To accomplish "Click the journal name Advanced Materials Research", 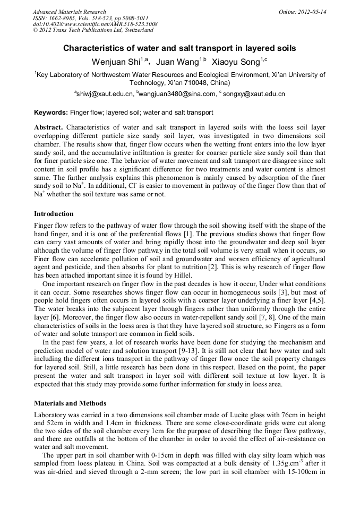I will click(69, 12).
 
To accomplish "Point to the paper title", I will click(179, 48).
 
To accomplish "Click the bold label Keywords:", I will click(51, 113).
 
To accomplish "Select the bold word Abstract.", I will click(48, 128).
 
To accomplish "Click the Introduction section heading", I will click(54, 214).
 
